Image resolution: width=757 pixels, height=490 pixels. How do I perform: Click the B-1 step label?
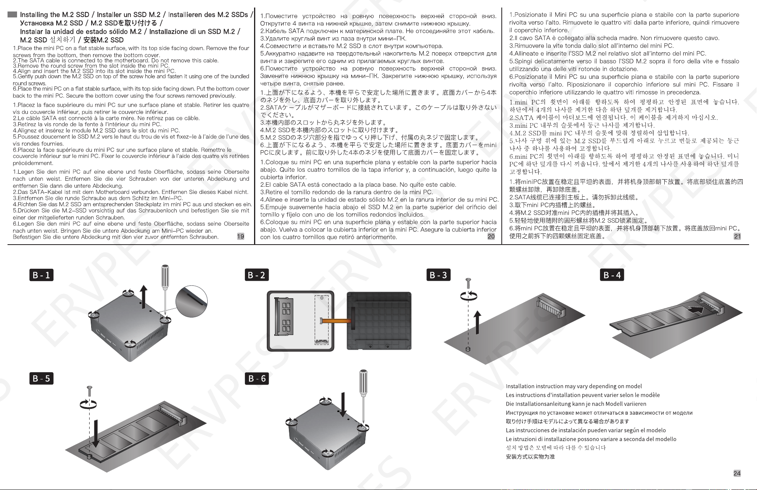pos(42,275)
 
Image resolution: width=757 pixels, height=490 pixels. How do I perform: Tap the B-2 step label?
pos(257,275)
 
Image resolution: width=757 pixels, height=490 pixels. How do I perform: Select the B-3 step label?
pos(438,275)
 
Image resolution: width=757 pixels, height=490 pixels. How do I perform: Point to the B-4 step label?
pos(612,275)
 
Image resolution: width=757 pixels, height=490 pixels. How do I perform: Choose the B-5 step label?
pos(42,378)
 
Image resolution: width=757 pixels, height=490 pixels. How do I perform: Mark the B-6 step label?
pos(257,378)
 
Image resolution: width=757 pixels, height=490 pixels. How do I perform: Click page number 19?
pos(241,236)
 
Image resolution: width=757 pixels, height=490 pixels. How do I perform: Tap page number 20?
pos(491,236)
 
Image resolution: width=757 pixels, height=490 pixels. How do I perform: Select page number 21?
pos(738,236)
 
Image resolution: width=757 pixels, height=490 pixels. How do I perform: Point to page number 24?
pos(737,473)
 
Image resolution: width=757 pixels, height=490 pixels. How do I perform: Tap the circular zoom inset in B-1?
pos(191,302)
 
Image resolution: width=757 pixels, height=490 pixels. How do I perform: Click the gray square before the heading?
pos(12,15)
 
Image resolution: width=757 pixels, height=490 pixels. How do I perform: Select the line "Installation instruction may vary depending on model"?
pos(573,387)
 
